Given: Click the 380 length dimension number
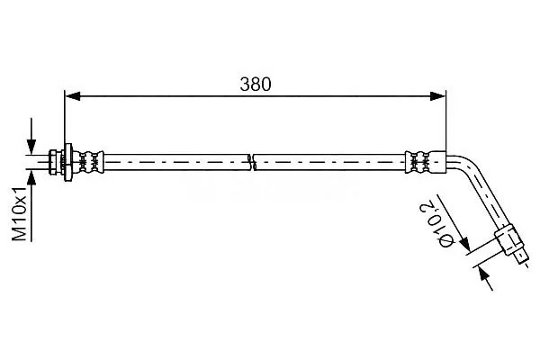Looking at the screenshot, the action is click(x=256, y=85).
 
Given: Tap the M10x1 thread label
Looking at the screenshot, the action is click(x=20, y=214).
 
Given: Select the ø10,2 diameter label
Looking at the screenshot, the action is click(x=436, y=225).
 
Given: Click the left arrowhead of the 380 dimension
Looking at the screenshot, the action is click(x=72, y=96).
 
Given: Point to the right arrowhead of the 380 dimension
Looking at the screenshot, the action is click(x=438, y=96).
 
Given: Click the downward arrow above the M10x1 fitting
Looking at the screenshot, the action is click(x=31, y=136).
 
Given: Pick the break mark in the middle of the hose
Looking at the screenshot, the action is click(x=253, y=162).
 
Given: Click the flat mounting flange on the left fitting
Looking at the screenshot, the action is click(x=67, y=162).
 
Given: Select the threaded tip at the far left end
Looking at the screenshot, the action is click(x=53, y=162).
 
